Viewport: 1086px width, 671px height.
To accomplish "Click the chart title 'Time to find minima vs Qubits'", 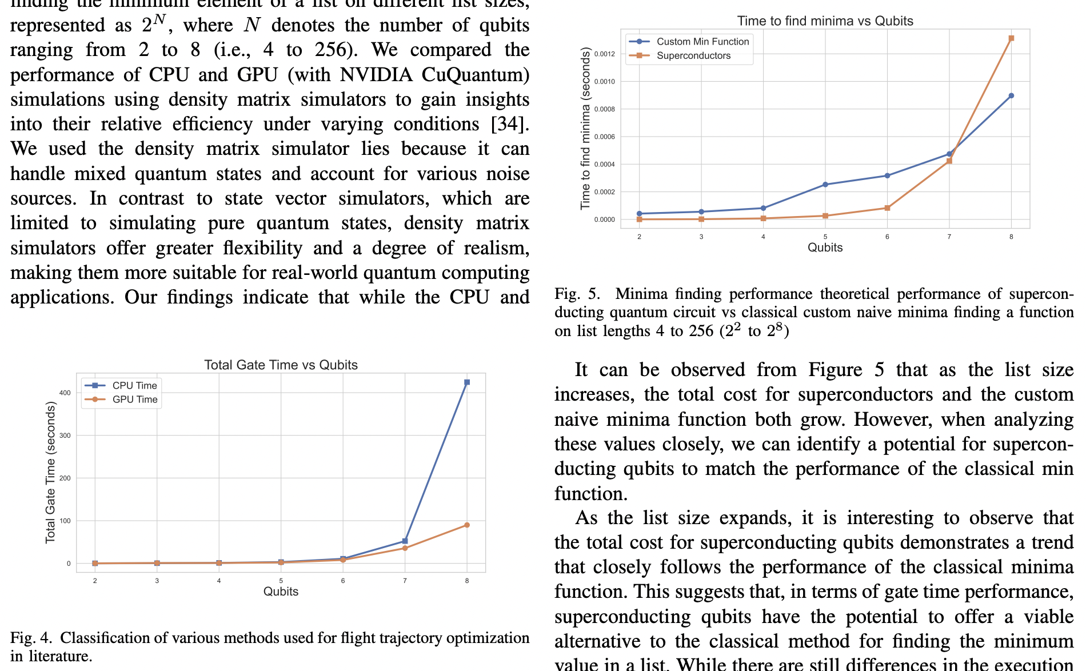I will pos(825,21).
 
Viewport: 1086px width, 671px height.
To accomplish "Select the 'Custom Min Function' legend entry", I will pos(702,42).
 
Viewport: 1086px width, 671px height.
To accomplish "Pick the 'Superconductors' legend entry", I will pos(693,56).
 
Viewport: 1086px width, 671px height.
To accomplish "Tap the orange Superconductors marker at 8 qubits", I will pos(1011,39).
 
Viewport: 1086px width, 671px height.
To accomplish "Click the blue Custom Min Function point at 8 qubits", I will pos(1011,96).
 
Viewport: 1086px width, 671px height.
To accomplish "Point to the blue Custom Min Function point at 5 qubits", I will pos(825,185).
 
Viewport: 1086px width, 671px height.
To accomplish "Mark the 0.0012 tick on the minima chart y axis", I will pos(604,54).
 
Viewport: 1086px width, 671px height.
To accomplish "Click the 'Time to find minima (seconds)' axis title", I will pos(585,129).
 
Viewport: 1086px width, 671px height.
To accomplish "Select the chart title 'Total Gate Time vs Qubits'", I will pos(281,365).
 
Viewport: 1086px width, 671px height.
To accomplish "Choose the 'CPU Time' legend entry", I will pos(134,386).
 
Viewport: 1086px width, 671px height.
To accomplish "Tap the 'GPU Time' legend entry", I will pos(134,400).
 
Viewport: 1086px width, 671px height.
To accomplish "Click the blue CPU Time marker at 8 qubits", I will pos(467,382).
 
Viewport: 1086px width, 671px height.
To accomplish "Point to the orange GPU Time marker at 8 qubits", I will pos(467,525).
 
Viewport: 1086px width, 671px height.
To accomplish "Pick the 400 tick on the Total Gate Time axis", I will pos(65,393).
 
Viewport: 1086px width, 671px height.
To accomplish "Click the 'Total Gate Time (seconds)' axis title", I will pos(50,472).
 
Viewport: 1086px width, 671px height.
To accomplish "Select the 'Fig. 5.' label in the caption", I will pos(577,294).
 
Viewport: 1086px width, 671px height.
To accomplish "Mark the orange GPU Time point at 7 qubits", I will pos(405,548).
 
